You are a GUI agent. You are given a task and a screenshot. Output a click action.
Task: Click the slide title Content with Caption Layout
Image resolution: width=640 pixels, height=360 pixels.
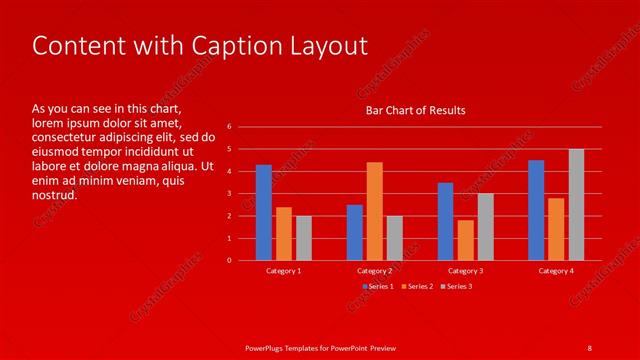click(x=200, y=46)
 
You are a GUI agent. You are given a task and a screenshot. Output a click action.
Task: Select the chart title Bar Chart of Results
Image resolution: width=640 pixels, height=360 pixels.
click(x=415, y=110)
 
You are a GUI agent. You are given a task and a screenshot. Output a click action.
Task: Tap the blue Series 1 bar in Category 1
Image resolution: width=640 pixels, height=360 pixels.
click(x=264, y=212)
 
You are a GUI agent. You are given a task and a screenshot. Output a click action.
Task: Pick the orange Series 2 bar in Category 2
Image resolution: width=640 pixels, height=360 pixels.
click(x=374, y=211)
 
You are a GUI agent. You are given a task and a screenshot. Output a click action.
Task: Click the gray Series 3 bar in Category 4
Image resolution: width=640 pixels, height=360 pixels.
click(x=576, y=205)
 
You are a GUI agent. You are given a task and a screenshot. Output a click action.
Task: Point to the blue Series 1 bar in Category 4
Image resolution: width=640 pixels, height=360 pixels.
click(x=536, y=210)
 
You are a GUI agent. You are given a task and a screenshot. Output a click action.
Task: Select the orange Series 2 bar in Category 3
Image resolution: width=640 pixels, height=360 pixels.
click(x=465, y=240)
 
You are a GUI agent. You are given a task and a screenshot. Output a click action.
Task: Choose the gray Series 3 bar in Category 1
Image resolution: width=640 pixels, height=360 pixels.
click(x=304, y=238)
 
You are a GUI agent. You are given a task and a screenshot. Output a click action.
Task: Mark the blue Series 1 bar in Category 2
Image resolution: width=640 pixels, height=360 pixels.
click(x=354, y=232)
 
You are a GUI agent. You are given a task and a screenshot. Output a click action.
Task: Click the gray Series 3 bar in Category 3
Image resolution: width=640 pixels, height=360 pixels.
click(x=485, y=227)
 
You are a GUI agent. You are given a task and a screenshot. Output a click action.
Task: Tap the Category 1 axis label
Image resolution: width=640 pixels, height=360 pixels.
click(x=284, y=271)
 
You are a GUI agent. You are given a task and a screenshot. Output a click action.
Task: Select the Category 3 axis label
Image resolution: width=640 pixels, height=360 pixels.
click(x=465, y=271)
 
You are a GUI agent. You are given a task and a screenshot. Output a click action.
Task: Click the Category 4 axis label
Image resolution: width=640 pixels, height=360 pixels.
click(x=556, y=271)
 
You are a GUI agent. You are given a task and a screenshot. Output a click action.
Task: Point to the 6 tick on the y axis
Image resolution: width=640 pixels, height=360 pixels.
click(x=229, y=127)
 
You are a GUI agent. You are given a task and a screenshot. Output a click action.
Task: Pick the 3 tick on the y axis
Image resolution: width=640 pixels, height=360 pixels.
click(x=229, y=194)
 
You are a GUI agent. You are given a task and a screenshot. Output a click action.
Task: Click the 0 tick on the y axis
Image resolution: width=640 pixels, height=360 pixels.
click(x=229, y=260)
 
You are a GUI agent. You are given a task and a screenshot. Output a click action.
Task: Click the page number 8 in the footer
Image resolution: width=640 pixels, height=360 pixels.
click(x=589, y=347)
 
